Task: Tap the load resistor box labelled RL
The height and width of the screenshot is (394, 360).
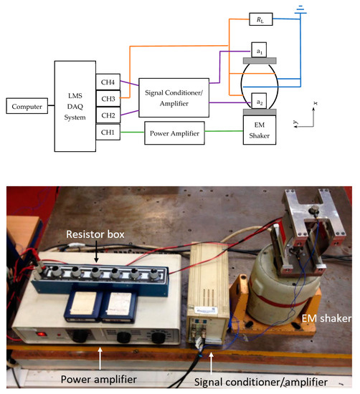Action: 257,19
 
